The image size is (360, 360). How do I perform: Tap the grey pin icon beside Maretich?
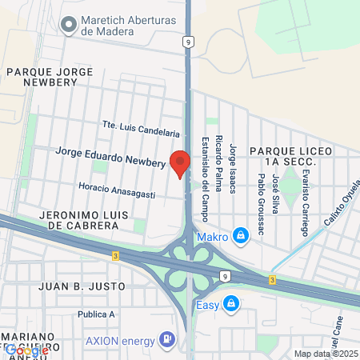click(x=67, y=24)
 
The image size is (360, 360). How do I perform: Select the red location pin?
click(x=180, y=163)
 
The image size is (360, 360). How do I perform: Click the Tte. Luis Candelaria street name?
click(x=140, y=129)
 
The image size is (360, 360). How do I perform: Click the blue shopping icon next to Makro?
click(x=239, y=236)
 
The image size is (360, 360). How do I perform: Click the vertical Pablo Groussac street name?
click(x=261, y=204)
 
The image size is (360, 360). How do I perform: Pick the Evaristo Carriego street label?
click(x=305, y=205)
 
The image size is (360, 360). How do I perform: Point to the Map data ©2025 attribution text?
click(x=325, y=354)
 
